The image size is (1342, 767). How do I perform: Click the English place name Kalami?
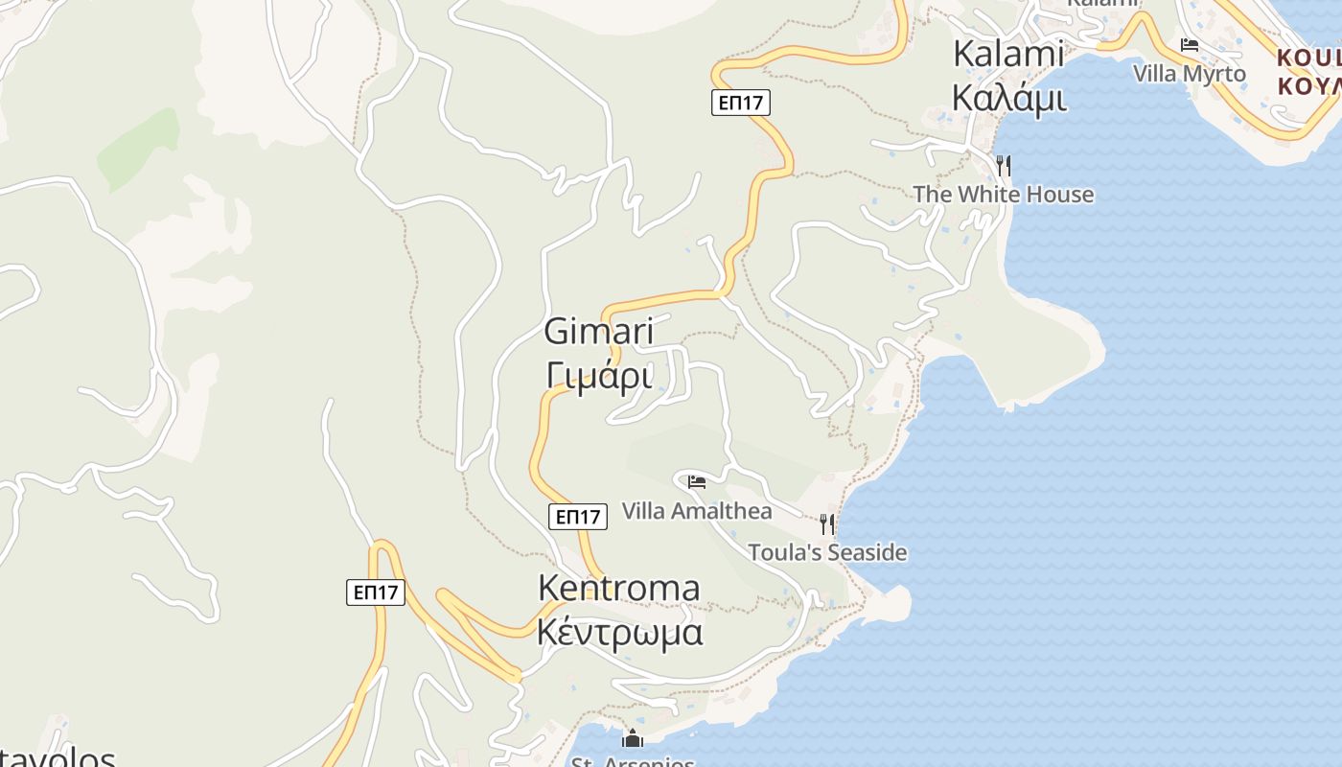point(1008,55)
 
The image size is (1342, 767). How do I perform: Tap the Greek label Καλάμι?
point(1008,97)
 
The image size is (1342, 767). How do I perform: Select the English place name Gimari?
point(599,332)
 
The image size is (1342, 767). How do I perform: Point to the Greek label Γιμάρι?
point(599,375)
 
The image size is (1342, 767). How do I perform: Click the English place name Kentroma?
point(618,588)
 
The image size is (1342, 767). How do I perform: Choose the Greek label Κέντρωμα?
point(619,633)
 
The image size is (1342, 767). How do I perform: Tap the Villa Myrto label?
point(1189,74)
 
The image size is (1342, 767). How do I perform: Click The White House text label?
point(1003,195)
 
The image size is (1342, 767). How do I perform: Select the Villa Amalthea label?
point(697,511)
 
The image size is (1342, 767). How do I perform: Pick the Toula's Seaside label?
point(827,552)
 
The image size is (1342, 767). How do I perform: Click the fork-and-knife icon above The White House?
point(1003,166)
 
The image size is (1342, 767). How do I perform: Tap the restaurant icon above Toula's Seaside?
point(827,524)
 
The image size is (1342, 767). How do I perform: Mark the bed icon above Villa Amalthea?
point(697,482)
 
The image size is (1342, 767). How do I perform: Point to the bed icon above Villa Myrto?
point(1190,45)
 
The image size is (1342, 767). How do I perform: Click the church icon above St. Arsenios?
point(633,738)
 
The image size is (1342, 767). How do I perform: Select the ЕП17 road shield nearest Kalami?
point(741,103)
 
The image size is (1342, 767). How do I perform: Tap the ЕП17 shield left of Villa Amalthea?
point(579,517)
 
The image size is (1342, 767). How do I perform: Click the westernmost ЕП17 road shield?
point(376,593)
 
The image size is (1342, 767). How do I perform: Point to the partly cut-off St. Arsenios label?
point(633,761)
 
